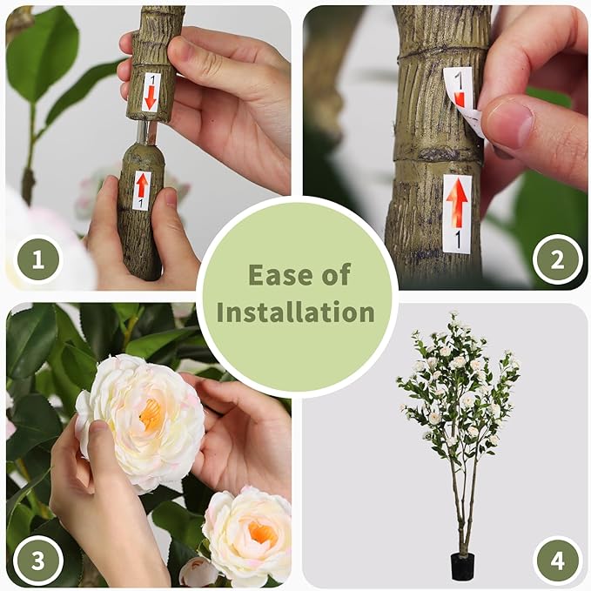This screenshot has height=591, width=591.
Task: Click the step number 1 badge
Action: (x=37, y=259)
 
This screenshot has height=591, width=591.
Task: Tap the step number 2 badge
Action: (x=557, y=259)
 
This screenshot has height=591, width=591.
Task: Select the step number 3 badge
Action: (x=37, y=560)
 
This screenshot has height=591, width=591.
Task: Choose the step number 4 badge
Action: (x=557, y=560)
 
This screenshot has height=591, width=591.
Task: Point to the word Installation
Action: (x=296, y=312)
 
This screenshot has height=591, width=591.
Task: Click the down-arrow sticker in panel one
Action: (x=151, y=92)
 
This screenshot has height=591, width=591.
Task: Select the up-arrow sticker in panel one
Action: (x=141, y=191)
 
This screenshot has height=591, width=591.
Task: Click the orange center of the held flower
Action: (x=151, y=415)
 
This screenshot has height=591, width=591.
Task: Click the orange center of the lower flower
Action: (x=262, y=533)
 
